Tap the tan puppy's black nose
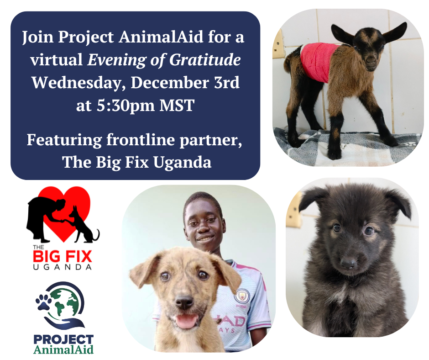[184, 302]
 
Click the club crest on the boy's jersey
[241, 297]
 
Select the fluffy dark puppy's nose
[349, 263]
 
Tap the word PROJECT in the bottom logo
[63, 339]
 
